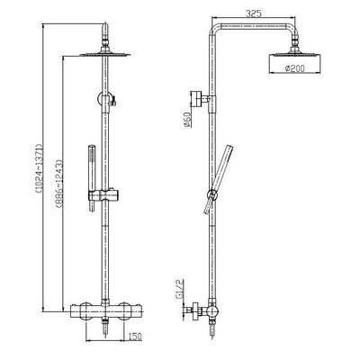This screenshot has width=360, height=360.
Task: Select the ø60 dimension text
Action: pyautogui.click(x=187, y=118)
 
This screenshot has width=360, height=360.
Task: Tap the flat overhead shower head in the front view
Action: pyautogui.click(x=107, y=53)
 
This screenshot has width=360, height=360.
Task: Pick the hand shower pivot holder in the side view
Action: pyautogui.click(x=213, y=193)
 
